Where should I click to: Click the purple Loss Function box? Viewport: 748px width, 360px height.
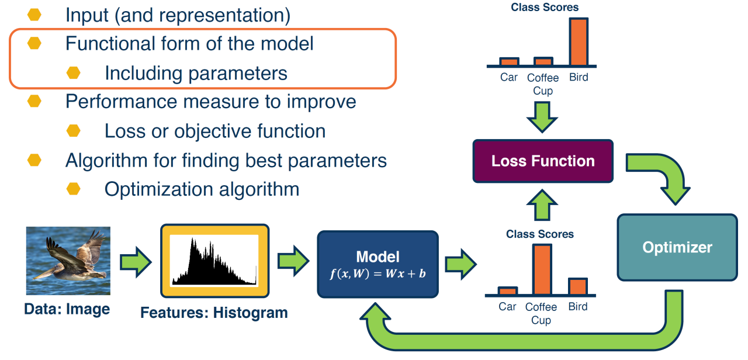tap(543, 161)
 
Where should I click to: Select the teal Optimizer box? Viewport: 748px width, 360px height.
tap(677, 247)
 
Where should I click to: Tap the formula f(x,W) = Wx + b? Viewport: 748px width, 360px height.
tap(378, 274)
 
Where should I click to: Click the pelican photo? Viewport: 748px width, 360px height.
tap(68, 261)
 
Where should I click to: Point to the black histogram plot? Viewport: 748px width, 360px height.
tap(214, 261)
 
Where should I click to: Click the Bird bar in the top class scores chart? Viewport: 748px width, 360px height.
tap(579, 41)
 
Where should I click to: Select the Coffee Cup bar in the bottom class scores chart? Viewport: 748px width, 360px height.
tap(542, 269)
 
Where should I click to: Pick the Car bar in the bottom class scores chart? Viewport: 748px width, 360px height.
tap(508, 291)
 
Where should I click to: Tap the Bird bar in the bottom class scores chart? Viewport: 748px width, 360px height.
tap(578, 286)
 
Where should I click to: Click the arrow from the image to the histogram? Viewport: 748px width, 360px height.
tap(136, 262)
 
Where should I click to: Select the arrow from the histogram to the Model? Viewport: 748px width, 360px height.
tap(293, 261)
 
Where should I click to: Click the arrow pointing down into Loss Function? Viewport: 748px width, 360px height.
tap(542, 117)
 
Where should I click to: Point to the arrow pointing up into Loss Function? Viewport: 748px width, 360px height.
tap(542, 205)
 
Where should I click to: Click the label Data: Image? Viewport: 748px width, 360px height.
tap(67, 309)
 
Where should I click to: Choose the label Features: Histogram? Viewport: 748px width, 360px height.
tap(214, 313)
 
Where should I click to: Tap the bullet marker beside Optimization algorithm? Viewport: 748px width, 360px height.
tap(74, 189)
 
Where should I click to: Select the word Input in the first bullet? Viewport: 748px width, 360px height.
tap(87, 15)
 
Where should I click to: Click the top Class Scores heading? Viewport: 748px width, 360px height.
tap(545, 7)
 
